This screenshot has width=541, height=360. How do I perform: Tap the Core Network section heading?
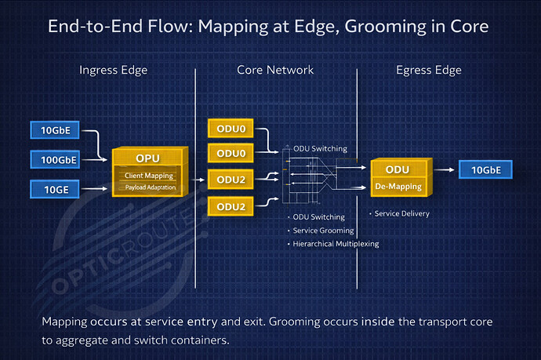click(x=275, y=70)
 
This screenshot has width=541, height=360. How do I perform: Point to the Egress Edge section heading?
click(x=427, y=70)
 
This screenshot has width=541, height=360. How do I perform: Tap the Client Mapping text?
click(x=149, y=176)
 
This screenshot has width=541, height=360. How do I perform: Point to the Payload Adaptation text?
click(x=149, y=187)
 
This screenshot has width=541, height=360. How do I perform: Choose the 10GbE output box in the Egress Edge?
click(x=485, y=169)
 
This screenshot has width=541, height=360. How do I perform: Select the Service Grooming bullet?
click(x=323, y=231)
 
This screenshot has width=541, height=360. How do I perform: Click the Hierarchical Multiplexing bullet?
click(x=335, y=244)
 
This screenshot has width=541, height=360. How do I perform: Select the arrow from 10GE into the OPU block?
click(x=96, y=188)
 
